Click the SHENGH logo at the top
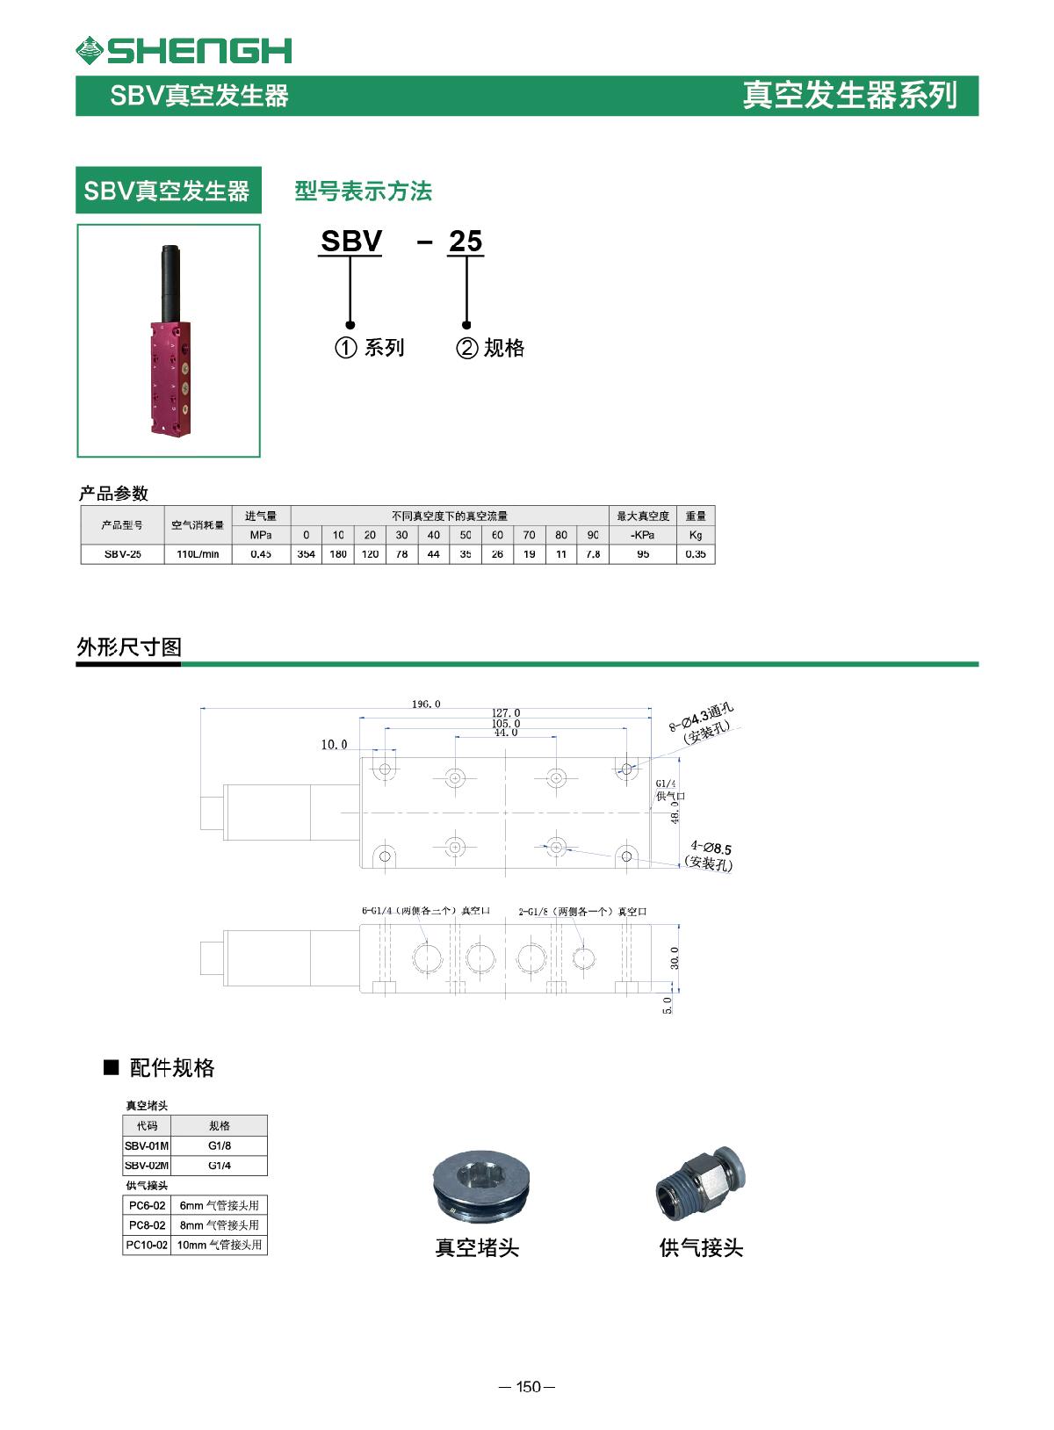[x=183, y=50]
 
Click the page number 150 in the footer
[x=527, y=1387]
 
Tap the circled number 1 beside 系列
[x=346, y=348]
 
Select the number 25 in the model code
[x=466, y=241]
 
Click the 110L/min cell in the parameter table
[x=198, y=554]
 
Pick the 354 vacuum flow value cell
[x=306, y=554]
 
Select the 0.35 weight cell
[x=695, y=554]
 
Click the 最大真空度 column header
[x=643, y=516]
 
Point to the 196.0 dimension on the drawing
[x=426, y=704]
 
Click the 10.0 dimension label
[x=334, y=745]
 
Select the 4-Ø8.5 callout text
[x=711, y=848]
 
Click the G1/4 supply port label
[x=666, y=784]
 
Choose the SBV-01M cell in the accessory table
[x=146, y=1145]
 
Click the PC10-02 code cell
[x=146, y=1245]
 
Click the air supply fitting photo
[x=700, y=1187]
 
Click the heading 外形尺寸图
[x=129, y=647]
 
